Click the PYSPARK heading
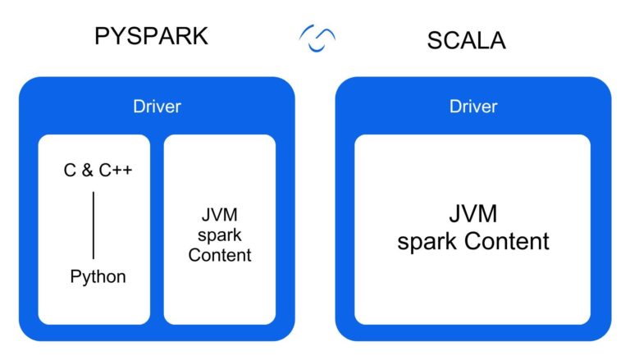click(152, 37)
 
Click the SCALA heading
click(466, 41)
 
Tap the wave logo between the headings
click(317, 38)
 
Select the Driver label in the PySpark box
click(157, 107)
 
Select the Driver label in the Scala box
click(473, 107)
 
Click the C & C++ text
click(98, 171)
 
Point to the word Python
click(98, 276)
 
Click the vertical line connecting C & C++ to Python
click(93, 225)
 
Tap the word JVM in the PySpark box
click(219, 216)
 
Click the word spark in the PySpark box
click(219, 236)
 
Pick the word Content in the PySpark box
click(219, 255)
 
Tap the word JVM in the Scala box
click(472, 215)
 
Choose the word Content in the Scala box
click(506, 242)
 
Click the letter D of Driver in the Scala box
click(454, 107)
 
